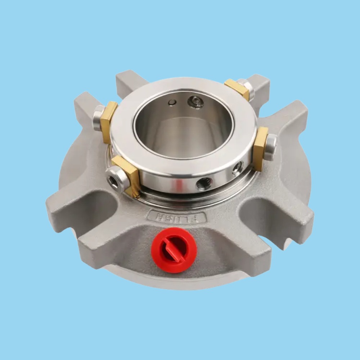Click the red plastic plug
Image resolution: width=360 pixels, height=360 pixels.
pos(174,250)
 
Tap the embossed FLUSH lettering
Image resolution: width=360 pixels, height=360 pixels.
pos(176,217)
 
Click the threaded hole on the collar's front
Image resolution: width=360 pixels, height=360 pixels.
pos(203,184)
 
